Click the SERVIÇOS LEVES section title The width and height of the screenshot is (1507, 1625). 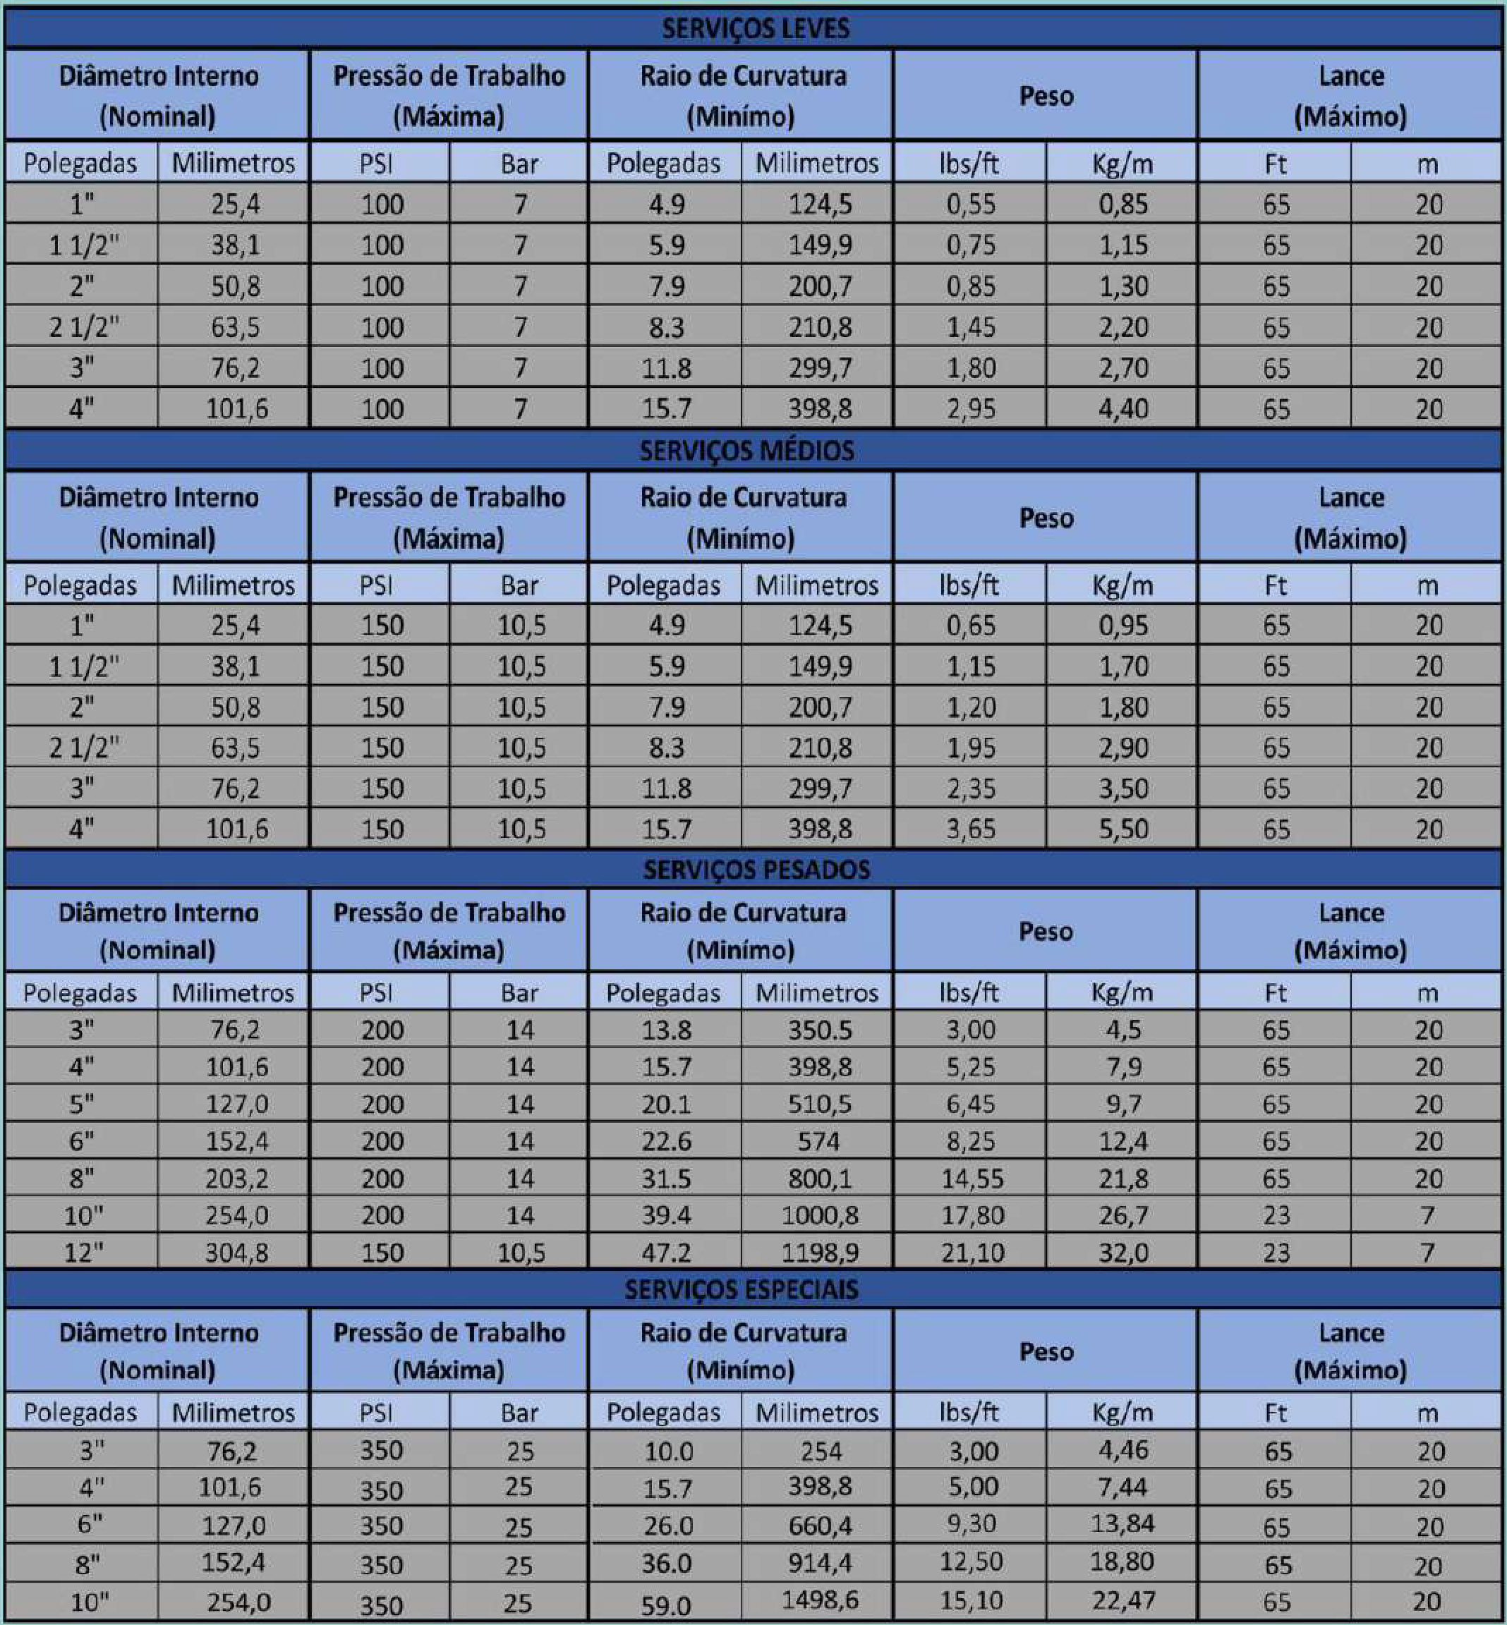tap(755, 28)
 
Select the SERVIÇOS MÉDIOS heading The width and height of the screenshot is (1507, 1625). tap(746, 451)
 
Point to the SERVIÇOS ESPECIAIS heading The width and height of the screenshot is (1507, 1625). tap(742, 1289)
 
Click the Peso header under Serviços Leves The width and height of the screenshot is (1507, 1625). tap(1046, 96)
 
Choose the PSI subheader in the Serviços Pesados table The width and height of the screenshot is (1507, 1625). tap(376, 992)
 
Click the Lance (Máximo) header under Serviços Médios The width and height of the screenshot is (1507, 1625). tap(1350, 517)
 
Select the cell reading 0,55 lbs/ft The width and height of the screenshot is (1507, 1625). tap(970, 204)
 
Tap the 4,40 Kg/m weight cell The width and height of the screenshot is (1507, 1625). tap(1123, 408)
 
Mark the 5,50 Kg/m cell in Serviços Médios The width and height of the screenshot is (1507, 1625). tap(1123, 829)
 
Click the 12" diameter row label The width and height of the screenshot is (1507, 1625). tap(83, 1253)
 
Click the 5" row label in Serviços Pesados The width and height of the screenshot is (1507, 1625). tap(82, 1104)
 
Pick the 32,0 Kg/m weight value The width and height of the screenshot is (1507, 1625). tap(1123, 1253)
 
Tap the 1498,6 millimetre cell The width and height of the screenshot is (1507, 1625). tap(820, 1600)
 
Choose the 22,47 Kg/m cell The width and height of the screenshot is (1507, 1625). tap(1123, 1600)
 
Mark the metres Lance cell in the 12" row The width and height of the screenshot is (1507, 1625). tap(1427, 1253)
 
